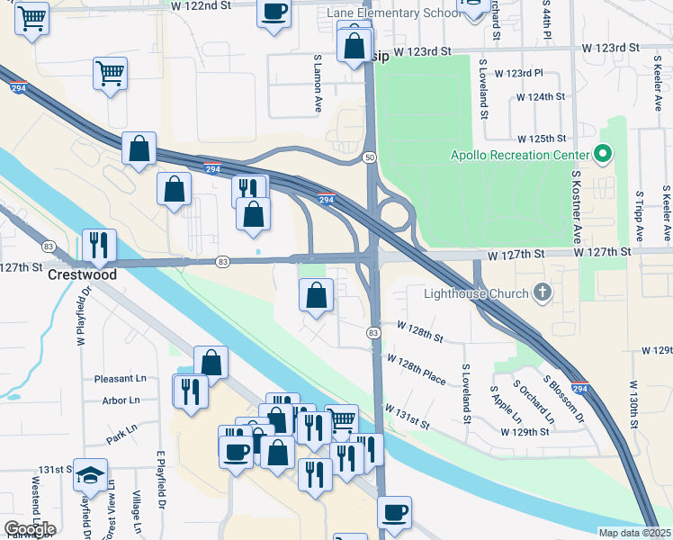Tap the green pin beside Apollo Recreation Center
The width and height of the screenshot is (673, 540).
[x=604, y=154]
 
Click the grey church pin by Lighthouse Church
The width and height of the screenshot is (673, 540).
[x=542, y=292]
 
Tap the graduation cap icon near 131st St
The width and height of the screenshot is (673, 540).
[x=90, y=473]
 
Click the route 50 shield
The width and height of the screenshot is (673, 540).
[x=370, y=157]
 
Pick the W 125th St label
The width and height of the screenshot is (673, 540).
[x=542, y=139]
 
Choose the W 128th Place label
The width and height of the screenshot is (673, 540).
[x=416, y=369]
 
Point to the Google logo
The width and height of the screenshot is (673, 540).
[x=30, y=529]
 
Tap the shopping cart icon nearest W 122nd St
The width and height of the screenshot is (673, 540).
[x=32, y=18]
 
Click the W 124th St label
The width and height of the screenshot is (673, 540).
[x=540, y=96]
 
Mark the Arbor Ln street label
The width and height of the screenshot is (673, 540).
[x=121, y=400]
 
